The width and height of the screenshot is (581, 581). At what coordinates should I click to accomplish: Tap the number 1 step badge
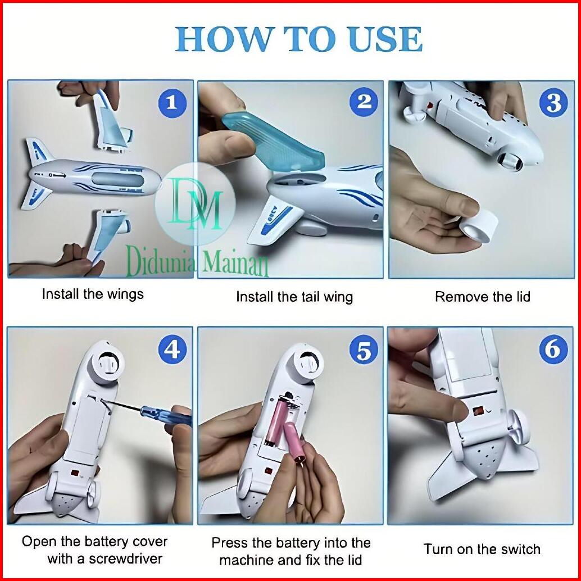point(173,103)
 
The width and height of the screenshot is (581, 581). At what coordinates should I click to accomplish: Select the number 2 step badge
point(364,102)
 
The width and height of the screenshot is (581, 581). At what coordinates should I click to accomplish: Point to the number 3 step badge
point(554,103)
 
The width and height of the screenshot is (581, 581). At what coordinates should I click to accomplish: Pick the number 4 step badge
point(173,350)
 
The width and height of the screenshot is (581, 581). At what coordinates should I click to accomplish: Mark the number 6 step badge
point(553,350)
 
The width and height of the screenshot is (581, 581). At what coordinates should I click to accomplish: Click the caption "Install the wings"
point(93,294)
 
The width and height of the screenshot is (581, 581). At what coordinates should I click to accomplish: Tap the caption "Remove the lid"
point(483,297)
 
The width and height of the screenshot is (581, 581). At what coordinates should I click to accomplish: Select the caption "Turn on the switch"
point(482,549)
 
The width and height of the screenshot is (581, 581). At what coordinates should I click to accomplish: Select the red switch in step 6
point(478,411)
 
